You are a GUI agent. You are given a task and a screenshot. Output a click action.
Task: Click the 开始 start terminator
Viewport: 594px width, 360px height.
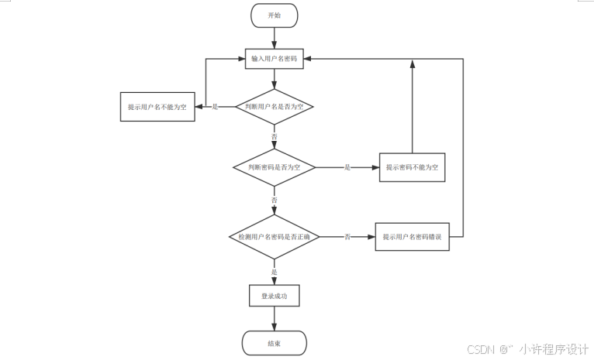click(275, 15)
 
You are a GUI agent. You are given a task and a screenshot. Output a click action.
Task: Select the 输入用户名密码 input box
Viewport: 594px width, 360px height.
click(275, 59)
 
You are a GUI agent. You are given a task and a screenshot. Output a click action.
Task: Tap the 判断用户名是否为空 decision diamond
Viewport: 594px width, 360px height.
click(275, 106)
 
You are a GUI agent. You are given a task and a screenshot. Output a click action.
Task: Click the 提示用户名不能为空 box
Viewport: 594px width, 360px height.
click(157, 106)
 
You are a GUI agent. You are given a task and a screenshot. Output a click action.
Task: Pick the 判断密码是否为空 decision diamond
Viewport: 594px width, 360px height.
click(275, 167)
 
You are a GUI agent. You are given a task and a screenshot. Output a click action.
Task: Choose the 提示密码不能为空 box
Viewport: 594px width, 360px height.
click(412, 167)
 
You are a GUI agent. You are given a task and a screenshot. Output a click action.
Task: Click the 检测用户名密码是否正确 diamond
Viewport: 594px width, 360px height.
click(275, 236)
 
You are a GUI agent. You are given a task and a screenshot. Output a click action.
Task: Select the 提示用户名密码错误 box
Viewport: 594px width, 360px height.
click(412, 236)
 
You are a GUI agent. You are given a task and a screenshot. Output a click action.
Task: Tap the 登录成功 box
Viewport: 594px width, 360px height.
click(275, 295)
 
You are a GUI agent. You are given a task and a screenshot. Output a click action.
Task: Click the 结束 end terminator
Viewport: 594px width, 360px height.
click(275, 343)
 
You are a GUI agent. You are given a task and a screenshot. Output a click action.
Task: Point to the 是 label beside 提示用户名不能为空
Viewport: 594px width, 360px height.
click(215, 107)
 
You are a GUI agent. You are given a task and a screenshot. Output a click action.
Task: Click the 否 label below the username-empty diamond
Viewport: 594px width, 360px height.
click(275, 136)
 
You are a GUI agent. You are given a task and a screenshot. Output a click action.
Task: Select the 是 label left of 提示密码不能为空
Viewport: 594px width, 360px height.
click(347, 167)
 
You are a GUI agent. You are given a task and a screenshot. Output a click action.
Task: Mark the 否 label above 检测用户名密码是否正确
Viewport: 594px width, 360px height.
click(275, 200)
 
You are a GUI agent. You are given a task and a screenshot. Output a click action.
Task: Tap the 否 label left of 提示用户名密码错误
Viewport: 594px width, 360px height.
click(347, 236)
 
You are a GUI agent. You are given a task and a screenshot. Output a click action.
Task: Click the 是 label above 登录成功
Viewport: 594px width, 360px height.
click(275, 272)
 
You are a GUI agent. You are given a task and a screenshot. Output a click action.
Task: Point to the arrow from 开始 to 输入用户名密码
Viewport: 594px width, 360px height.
click(275, 38)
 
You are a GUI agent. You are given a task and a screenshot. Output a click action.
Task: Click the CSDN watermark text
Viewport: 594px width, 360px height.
click(483, 349)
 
